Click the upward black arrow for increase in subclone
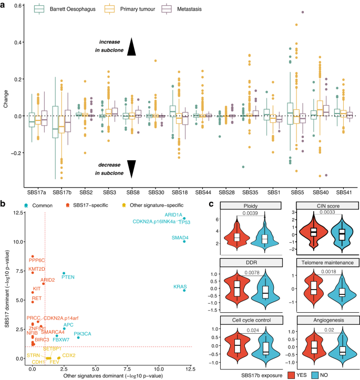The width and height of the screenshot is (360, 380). [131, 47]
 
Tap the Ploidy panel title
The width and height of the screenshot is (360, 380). [238, 205]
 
